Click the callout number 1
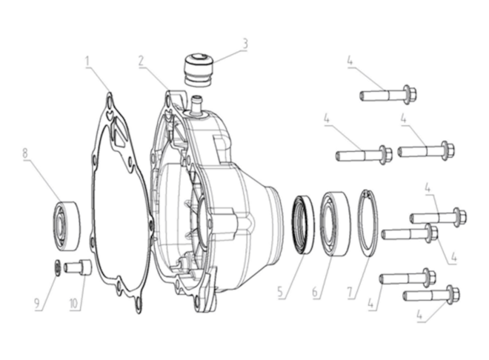(x=88, y=61)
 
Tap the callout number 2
(x=142, y=61)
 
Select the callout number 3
(x=245, y=44)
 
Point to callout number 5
(x=280, y=292)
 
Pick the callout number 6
(x=315, y=292)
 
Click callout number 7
(x=350, y=292)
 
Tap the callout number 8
(x=25, y=153)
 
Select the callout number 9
(x=37, y=303)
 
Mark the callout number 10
(x=73, y=303)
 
